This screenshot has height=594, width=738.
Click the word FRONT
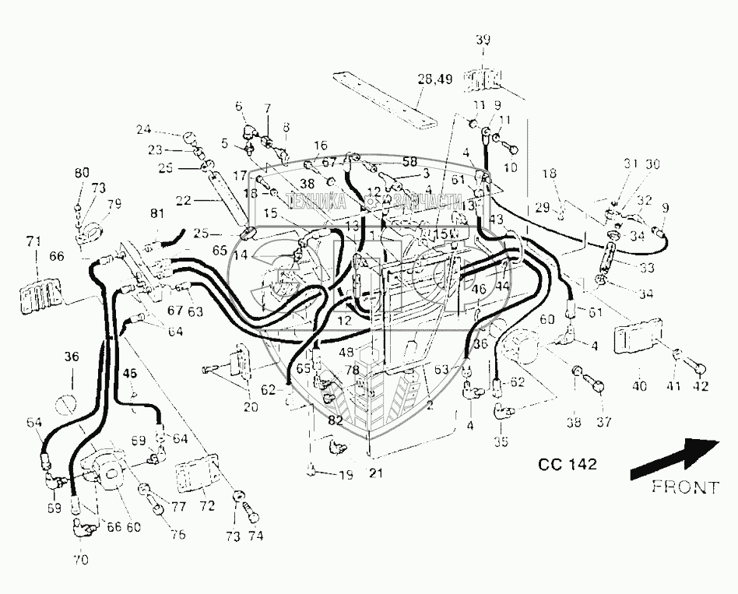coord(685,487)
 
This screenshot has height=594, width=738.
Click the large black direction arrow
coord(674,459)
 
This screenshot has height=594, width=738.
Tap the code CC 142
coord(568,465)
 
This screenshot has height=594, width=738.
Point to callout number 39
coord(483,40)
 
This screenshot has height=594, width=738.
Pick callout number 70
coord(81,559)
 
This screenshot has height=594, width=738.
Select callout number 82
coord(335,420)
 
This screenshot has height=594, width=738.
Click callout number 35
coord(501,442)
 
